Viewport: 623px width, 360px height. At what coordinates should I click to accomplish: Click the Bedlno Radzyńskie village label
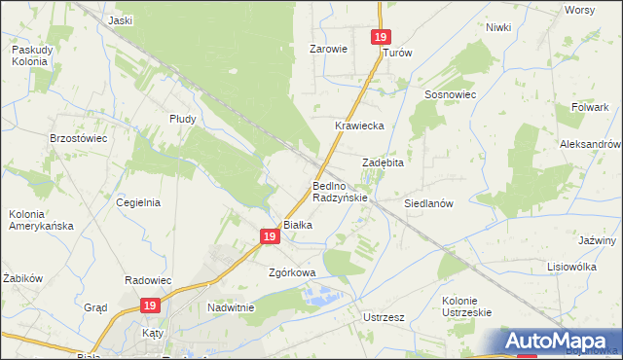click(x=340, y=191)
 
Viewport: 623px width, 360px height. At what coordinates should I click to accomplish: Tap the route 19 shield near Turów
click(x=381, y=37)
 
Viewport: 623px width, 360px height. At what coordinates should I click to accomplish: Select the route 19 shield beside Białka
click(x=270, y=235)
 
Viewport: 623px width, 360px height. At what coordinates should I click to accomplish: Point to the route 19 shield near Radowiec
click(x=148, y=306)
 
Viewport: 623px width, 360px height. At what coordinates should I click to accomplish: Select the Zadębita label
click(x=383, y=162)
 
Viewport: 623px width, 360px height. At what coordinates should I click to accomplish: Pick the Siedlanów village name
click(x=429, y=204)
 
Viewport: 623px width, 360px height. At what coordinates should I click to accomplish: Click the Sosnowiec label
click(x=449, y=94)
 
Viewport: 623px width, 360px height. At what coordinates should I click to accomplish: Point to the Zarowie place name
click(x=328, y=48)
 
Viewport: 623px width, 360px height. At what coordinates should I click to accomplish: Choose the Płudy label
click(x=182, y=119)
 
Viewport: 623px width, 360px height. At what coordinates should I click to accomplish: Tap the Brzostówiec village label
click(x=78, y=138)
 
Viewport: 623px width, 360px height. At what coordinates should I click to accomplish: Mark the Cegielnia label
click(x=138, y=202)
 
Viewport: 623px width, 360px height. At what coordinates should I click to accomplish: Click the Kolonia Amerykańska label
click(x=40, y=219)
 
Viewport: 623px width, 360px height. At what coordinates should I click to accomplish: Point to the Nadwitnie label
click(x=231, y=307)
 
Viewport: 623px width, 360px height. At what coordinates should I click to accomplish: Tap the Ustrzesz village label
click(x=384, y=317)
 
